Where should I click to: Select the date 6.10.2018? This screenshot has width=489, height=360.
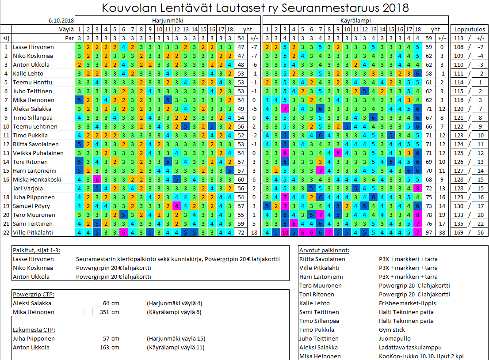tap(61, 21)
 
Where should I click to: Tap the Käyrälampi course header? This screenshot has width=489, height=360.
tap(355, 21)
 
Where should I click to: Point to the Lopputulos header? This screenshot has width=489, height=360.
tap(470, 30)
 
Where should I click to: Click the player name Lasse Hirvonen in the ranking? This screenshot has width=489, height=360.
tap(33, 47)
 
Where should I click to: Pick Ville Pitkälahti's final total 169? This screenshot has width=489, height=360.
tap(459, 233)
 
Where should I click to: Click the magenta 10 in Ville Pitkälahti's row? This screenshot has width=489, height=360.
tap(285, 233)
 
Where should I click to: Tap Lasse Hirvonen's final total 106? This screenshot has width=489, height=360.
tap(459, 47)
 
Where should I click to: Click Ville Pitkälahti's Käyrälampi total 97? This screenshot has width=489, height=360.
tap(428, 233)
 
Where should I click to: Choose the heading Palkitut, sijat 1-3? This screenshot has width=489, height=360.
tap(37, 250)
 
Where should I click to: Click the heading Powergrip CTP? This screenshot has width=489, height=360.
tap(34, 295)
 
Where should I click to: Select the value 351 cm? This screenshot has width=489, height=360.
tap(110, 312)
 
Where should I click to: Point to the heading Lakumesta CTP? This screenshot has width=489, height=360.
tap(34, 330)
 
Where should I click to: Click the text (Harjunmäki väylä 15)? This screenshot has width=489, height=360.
tap(176, 339)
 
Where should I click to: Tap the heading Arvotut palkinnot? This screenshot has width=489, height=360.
tap(324, 250)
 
